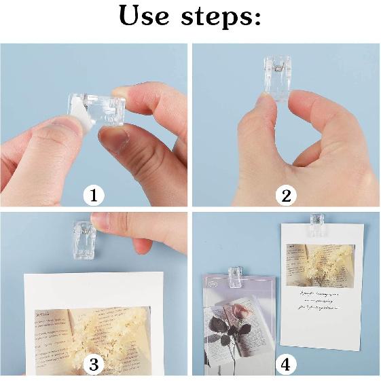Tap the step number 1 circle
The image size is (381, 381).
click(x=94, y=196)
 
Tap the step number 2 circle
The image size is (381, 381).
click(x=286, y=196)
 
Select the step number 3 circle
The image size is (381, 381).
click(x=94, y=365)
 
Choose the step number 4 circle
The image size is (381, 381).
click(x=286, y=365)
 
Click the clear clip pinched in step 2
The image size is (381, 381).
click(x=278, y=79)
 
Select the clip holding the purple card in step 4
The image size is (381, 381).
click(x=234, y=273)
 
